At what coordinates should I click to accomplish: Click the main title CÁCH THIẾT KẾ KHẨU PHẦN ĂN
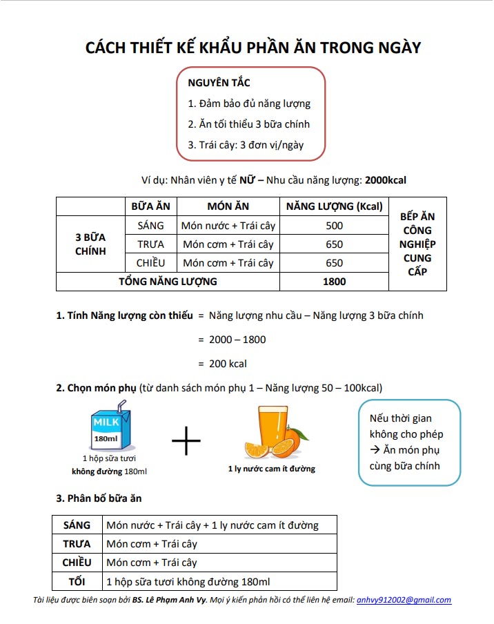253,48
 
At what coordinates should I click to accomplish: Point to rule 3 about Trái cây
246,145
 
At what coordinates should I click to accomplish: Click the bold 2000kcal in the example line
386,180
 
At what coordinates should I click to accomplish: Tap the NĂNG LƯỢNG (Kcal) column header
334,206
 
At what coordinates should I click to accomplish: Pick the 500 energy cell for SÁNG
334,226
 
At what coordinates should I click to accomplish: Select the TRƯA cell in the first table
150,244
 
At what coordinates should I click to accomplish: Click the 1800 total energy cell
334,282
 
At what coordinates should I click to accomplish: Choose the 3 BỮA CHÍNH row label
90,244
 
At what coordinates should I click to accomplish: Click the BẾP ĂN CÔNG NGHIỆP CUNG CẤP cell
417,244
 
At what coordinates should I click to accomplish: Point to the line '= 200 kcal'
222,364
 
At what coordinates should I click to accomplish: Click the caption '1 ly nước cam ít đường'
271,469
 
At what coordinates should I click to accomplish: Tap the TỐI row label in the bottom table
77,581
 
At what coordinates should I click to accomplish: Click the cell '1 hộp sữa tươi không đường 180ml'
188,581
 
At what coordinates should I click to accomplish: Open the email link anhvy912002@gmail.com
404,601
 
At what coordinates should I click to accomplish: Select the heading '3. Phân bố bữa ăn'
99,498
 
